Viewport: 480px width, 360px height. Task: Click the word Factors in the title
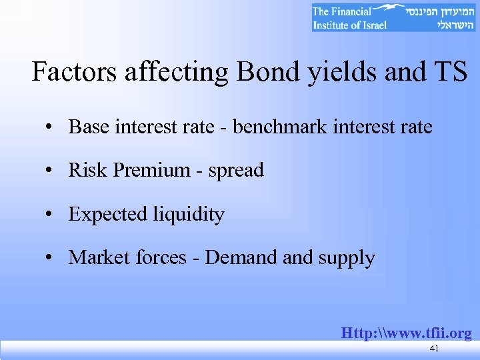pyautogui.click(x=71, y=72)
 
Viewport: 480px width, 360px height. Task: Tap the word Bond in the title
pyautogui.click(x=267, y=72)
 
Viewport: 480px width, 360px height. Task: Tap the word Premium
pyautogui.click(x=151, y=170)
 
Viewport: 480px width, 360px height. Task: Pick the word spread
pyautogui.click(x=236, y=171)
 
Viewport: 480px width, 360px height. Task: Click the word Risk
pyautogui.click(x=88, y=170)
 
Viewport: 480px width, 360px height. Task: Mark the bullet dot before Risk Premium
pyautogui.click(x=51, y=171)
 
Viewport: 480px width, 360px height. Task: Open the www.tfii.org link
pyautogui.click(x=406, y=332)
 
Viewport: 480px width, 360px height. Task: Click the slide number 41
pyautogui.click(x=434, y=348)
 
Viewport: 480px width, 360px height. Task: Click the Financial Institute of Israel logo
pyautogui.click(x=394, y=17)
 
